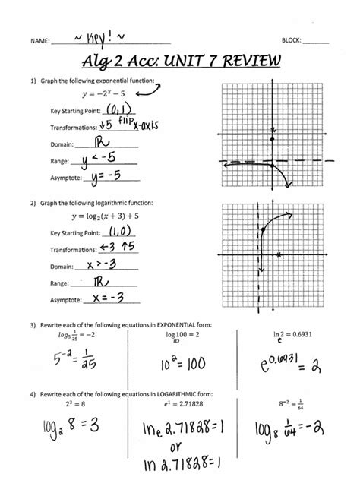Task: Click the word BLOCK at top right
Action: pyautogui.click(x=292, y=39)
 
